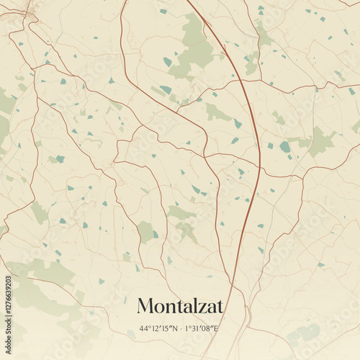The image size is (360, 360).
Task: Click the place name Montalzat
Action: coord(180,306)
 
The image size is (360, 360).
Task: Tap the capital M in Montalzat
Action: coord(145,306)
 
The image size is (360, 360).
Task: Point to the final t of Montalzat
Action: coord(220,307)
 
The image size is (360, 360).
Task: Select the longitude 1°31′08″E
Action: coord(202,328)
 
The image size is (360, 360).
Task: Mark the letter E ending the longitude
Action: coord(217,328)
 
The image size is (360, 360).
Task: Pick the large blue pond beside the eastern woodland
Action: coord(285,147)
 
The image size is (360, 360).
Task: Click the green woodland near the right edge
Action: coord(320,140)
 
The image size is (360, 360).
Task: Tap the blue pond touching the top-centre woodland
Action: coord(168,62)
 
